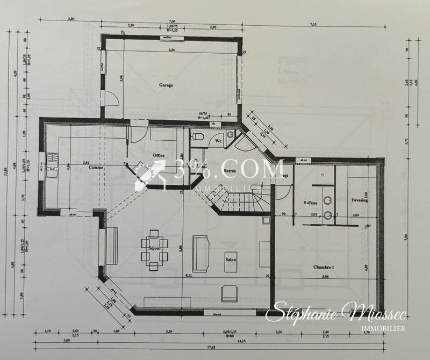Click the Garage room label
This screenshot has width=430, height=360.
click(x=166, y=85)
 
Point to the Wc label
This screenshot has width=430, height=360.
click(x=219, y=141)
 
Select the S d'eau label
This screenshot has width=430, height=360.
click(x=312, y=203)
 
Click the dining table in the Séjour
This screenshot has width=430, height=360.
click(x=153, y=249)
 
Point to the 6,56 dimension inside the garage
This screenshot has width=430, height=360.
click(x=172, y=50)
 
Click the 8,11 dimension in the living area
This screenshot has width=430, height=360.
click(x=189, y=276)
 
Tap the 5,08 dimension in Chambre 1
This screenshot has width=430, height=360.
click(x=326, y=278)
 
